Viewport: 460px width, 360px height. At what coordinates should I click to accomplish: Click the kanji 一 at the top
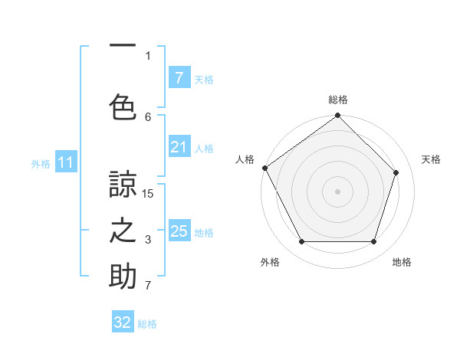pos(123,47)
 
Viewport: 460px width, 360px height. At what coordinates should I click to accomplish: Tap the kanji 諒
pos(123,184)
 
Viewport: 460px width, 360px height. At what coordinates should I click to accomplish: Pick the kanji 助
pos(123,277)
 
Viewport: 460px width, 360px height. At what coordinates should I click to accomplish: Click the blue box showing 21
pos(179,148)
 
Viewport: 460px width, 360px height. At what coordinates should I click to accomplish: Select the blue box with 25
pos(179,231)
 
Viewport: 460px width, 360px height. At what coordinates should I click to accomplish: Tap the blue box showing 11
pos(65,162)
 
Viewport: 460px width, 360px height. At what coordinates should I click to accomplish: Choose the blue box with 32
pos(123,322)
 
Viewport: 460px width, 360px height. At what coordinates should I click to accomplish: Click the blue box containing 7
pos(179,77)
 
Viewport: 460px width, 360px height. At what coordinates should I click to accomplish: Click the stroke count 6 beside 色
pos(148,116)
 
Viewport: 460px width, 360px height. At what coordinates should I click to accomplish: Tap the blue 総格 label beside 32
pos(147,324)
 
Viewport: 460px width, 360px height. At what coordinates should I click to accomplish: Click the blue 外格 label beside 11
pos(41,163)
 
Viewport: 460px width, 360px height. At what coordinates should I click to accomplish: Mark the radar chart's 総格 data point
pos(337,116)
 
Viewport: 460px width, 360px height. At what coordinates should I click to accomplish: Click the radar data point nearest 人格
pos(264,168)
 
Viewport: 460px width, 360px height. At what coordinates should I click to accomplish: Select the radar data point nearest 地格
pos(373,242)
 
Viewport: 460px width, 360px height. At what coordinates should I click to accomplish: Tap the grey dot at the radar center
pos(337,191)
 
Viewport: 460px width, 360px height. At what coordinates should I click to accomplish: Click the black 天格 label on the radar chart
pos(431,159)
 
